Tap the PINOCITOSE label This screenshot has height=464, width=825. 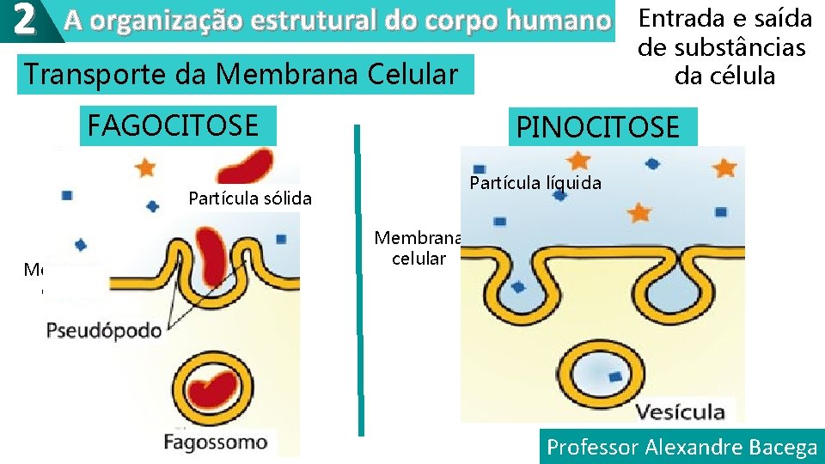pos(597,128)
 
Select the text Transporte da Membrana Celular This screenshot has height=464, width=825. pos(241,75)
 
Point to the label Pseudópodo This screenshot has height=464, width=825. pos(104,330)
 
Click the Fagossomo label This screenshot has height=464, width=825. pos(216,443)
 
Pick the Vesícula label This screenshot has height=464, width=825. pos(680,412)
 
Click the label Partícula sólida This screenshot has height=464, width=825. pos(249,199)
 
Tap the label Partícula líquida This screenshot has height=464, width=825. pos(535,183)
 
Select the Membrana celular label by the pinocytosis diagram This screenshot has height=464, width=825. pos(419,248)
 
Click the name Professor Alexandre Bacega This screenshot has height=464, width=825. pos(681,447)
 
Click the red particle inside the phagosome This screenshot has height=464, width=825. pos(217,387)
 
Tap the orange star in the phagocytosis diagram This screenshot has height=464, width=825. pos(145,164)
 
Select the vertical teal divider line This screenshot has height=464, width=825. pos(359,284)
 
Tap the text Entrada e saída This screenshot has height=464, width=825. pos(725,18)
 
